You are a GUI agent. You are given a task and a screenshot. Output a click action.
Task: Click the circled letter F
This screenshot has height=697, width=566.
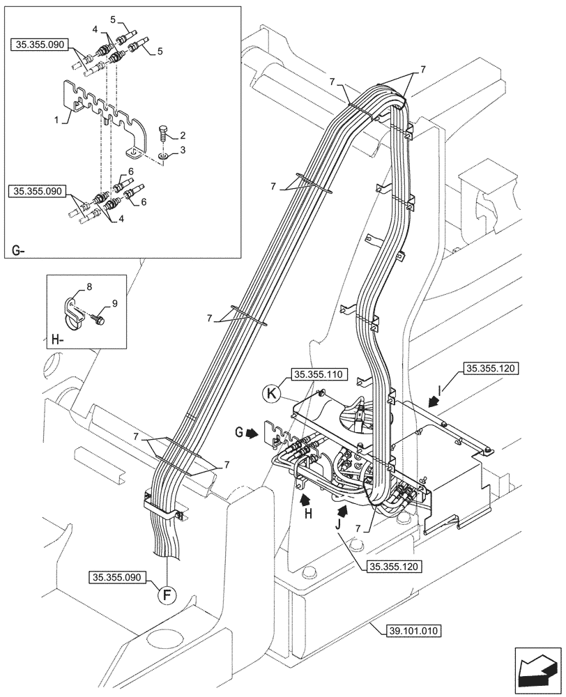point(168,597)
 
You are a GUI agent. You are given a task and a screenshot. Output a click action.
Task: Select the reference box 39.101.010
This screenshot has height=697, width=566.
point(412,631)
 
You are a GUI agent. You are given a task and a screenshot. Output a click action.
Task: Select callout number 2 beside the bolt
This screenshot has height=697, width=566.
point(182,135)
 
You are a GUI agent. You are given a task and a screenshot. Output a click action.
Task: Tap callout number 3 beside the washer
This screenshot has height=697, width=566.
point(182,150)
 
